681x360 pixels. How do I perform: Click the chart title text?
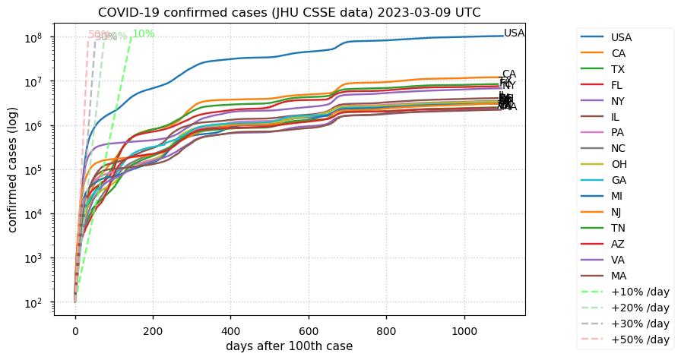[289, 12]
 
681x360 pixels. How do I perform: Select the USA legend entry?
[621, 37]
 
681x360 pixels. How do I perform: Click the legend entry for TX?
[618, 69]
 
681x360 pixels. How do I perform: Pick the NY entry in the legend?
[619, 101]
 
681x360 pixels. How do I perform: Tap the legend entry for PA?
[619, 133]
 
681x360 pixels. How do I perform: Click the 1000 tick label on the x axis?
[464, 331]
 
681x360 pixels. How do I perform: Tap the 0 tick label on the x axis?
[75, 331]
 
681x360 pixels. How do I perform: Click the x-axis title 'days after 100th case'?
[289, 346]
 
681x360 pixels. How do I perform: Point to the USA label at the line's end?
[515, 33]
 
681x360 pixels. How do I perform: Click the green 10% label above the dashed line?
[144, 34]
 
